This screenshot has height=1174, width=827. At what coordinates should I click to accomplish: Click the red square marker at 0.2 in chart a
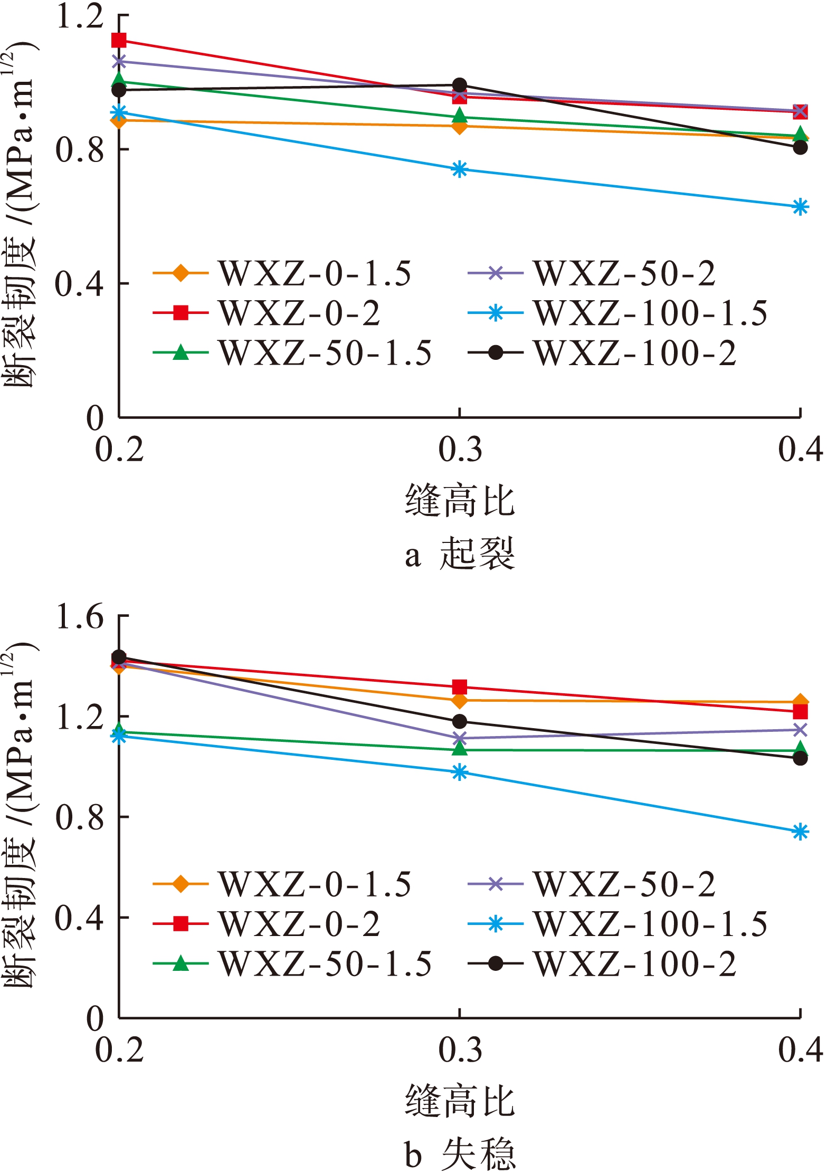coord(119,40)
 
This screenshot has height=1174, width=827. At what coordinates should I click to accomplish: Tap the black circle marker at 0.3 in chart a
coord(460,85)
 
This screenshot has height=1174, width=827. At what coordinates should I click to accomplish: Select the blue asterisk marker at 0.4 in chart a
coord(800,207)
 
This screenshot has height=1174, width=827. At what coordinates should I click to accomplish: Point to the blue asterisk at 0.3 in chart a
coord(460,169)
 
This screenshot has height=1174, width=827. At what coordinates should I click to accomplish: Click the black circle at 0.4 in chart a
coord(800,147)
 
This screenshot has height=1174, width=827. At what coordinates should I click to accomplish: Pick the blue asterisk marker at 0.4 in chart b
coord(800,832)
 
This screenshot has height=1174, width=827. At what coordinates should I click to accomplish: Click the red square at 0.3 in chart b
coord(460,687)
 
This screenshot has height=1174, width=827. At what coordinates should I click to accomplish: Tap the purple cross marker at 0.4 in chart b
coord(800,730)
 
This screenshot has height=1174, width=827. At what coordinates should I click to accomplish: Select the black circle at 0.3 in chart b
coord(460,721)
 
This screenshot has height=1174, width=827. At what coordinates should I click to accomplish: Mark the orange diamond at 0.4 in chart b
coord(800,702)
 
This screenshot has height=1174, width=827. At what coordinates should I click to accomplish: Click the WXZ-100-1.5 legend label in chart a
coord(650,313)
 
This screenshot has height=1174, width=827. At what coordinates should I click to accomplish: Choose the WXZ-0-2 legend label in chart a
coord(299,313)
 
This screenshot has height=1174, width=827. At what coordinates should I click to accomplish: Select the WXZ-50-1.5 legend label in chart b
coord(325,965)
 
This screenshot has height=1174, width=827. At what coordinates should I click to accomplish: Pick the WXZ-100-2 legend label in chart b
coord(635,965)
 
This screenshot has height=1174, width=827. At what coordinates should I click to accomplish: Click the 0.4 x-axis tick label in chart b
coord(800,1050)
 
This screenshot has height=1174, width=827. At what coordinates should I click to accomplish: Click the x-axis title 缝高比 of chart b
coord(460,1102)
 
